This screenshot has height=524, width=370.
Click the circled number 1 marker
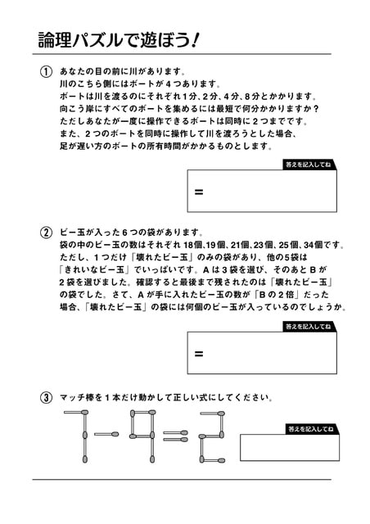pyautogui.click(x=46, y=72)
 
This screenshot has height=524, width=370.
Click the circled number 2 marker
pyautogui.click(x=46, y=233)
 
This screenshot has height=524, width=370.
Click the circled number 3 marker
pyautogui.click(x=46, y=398)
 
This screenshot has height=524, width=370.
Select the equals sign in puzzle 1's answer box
pyautogui.click(x=199, y=192)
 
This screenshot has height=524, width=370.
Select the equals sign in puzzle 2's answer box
pyautogui.click(x=199, y=354)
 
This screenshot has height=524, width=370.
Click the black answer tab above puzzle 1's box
pyautogui.click(x=309, y=165)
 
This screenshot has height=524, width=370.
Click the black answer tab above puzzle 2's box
pyautogui.click(x=309, y=327)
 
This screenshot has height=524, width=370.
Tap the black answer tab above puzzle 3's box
pyautogui.click(x=312, y=429)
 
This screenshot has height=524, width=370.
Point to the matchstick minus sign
pyautogui.click(x=106, y=434)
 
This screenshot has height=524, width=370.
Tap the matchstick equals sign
pyautogui.click(x=175, y=436)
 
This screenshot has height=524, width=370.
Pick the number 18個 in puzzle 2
pyautogui.click(x=193, y=246)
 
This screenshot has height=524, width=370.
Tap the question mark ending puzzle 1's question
pyautogui.click(x=316, y=109)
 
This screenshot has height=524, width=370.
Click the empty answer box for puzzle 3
pyautogui.click(x=290, y=448)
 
